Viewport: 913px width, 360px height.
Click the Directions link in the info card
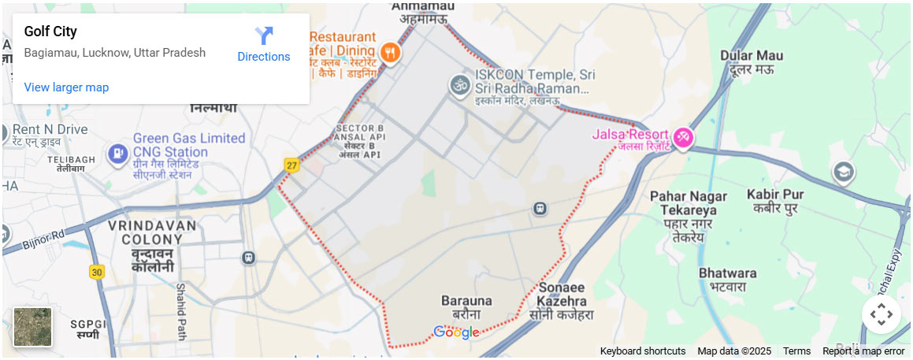click(264, 45)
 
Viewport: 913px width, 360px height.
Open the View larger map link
click(66, 87)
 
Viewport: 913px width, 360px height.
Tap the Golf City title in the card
click(50, 32)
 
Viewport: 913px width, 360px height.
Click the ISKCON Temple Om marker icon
click(459, 84)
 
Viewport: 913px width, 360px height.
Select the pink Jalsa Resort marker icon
click(681, 137)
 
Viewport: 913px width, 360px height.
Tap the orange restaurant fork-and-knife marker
click(390, 54)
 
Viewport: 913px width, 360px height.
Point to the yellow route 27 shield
click(292, 165)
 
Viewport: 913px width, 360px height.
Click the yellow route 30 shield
click(97, 272)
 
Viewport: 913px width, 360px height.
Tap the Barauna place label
click(466, 306)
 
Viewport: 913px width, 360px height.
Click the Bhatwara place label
click(727, 279)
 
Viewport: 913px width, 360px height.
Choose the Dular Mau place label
click(752, 61)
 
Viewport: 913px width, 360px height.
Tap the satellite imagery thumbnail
click(32, 327)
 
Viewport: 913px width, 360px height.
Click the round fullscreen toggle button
click(881, 314)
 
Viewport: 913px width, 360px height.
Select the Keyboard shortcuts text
click(642, 351)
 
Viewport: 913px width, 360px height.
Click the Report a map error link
click(863, 351)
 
